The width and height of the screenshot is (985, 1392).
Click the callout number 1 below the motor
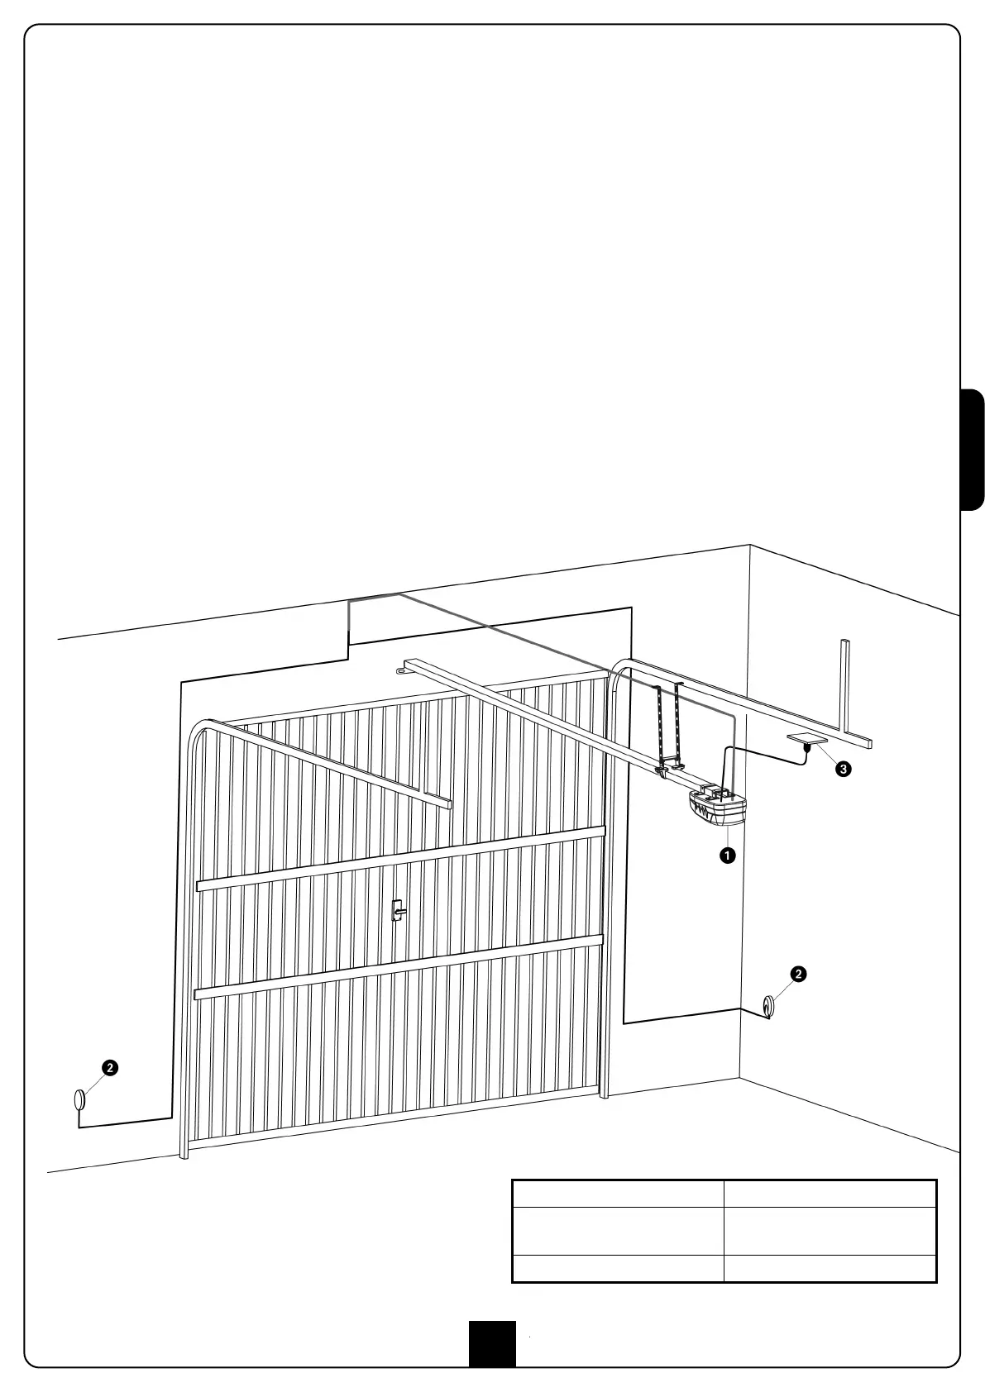(x=727, y=856)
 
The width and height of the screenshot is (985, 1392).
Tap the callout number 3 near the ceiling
(x=843, y=769)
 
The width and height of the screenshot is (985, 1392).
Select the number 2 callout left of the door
(x=109, y=1067)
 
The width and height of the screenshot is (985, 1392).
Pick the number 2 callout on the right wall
(x=798, y=974)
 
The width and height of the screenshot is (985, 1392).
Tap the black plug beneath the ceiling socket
(x=806, y=747)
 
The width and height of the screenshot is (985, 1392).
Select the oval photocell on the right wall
(x=769, y=1005)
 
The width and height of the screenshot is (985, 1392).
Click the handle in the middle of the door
(x=398, y=911)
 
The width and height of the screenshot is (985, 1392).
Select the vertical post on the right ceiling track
(x=845, y=686)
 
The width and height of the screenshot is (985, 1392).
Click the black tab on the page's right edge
(x=973, y=450)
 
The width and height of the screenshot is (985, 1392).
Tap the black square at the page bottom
(x=492, y=1343)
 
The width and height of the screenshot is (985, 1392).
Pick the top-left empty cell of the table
(x=618, y=1194)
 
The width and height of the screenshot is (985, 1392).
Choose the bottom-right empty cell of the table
(x=830, y=1268)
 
